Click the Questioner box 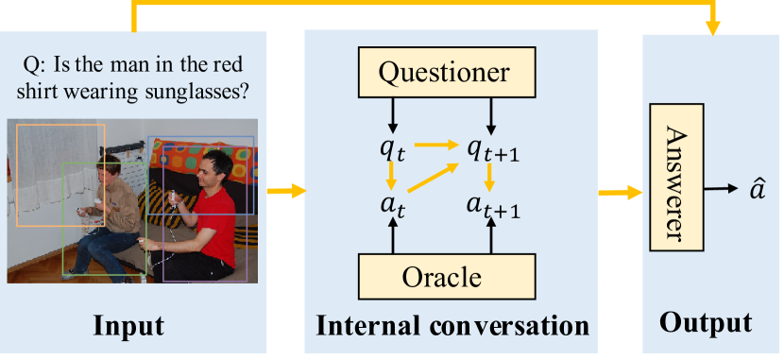pos(447,72)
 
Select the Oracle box pos(447,277)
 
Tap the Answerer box pos(676,177)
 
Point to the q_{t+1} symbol pos(493,149)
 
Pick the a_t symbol pos(394,204)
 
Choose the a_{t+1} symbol pos(493,205)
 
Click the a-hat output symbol pos(757,189)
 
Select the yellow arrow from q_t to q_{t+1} pos(437,146)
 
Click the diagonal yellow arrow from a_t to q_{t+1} pos(434,178)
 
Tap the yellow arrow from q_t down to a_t pos(392,177)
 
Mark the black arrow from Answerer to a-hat pos(721,189)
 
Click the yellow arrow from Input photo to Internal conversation pos(286,191)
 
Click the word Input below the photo pos(129,326)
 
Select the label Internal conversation pos(452,326)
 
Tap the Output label pos(706,323)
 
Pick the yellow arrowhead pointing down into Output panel pos(712,28)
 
